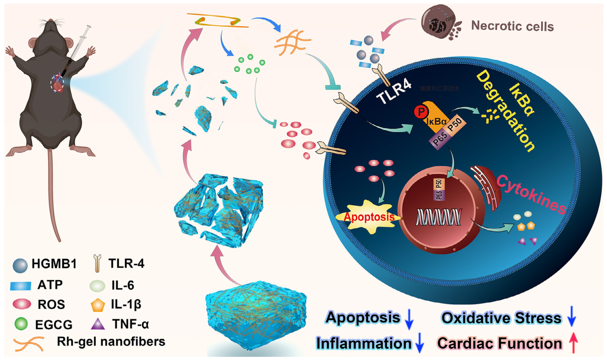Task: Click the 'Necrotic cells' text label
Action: coord(512,26)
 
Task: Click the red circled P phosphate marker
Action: coord(421,112)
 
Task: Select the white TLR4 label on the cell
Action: coord(394,92)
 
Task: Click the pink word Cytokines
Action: coord(531,194)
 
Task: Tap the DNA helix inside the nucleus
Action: coord(439,217)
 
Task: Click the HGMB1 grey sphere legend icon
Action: coord(20,265)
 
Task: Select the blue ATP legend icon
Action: coord(21,285)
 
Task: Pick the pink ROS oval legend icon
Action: coord(22,304)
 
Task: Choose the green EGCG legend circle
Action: coord(21,324)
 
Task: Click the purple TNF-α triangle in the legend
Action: coord(97,324)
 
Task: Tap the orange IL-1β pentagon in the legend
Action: coord(97,305)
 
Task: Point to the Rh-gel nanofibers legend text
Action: coord(111,341)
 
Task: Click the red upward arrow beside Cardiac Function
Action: coord(573,343)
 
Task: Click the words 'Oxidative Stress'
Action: coord(501,318)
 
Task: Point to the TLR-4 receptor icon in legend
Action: coord(97,263)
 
